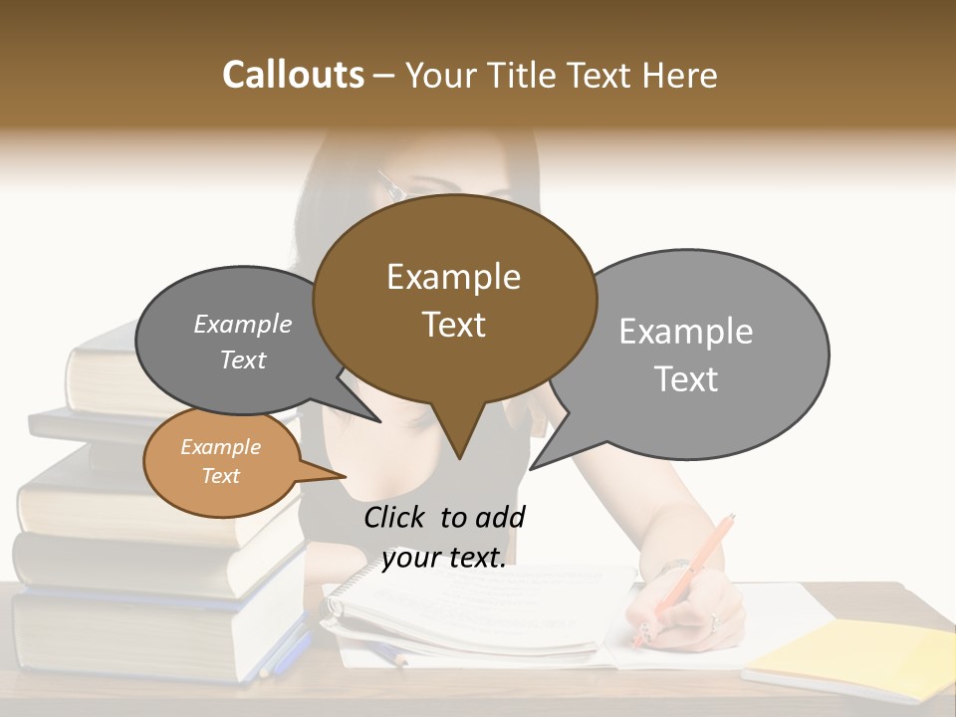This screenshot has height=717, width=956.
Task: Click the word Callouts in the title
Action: [x=293, y=76]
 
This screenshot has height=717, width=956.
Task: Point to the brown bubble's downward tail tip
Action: [x=459, y=457]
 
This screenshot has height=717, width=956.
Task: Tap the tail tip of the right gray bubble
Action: [x=532, y=467]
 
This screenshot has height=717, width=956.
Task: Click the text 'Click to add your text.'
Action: [x=444, y=537]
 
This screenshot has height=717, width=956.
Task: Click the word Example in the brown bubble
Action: [x=453, y=277]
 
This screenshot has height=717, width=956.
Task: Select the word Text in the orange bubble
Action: [x=220, y=476]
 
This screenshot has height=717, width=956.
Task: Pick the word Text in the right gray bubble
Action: [x=686, y=379]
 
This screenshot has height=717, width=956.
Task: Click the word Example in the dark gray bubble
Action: [x=243, y=324]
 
